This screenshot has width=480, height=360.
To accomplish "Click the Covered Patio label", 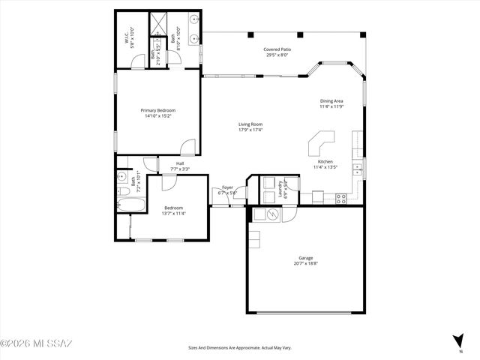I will (277, 50).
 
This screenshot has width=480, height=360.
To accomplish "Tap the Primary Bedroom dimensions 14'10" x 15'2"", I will (156, 116).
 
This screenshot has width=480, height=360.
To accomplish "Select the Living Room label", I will (250, 124).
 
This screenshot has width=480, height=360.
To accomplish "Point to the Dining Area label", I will (331, 100).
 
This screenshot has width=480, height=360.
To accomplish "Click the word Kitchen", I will (325, 161).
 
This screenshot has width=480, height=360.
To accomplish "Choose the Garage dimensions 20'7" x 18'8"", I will (304, 263).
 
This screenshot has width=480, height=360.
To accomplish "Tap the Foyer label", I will (226, 187).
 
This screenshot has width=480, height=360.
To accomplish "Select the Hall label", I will (180, 163).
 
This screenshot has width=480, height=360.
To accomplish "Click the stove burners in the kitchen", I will (341, 199).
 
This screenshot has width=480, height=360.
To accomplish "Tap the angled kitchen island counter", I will (321, 141).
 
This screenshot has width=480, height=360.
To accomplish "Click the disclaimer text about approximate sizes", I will (240, 348).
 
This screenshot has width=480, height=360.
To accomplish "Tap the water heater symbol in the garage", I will (273, 215).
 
